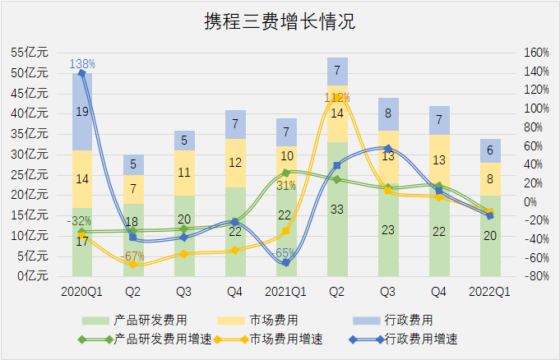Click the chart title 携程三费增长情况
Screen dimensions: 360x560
point(280,22)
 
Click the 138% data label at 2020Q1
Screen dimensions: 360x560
point(82,63)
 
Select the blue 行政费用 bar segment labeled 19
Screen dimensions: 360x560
point(82,111)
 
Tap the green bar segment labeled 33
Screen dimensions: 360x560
point(337,209)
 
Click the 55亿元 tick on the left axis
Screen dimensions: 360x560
point(29,52)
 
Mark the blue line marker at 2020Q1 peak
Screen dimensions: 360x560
point(82,73)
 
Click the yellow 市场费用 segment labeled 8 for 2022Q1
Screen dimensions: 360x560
point(490,178)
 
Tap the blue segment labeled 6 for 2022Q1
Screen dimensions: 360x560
point(490,150)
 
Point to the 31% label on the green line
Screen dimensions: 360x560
point(285,186)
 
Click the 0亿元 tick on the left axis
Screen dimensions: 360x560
point(32,276)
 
